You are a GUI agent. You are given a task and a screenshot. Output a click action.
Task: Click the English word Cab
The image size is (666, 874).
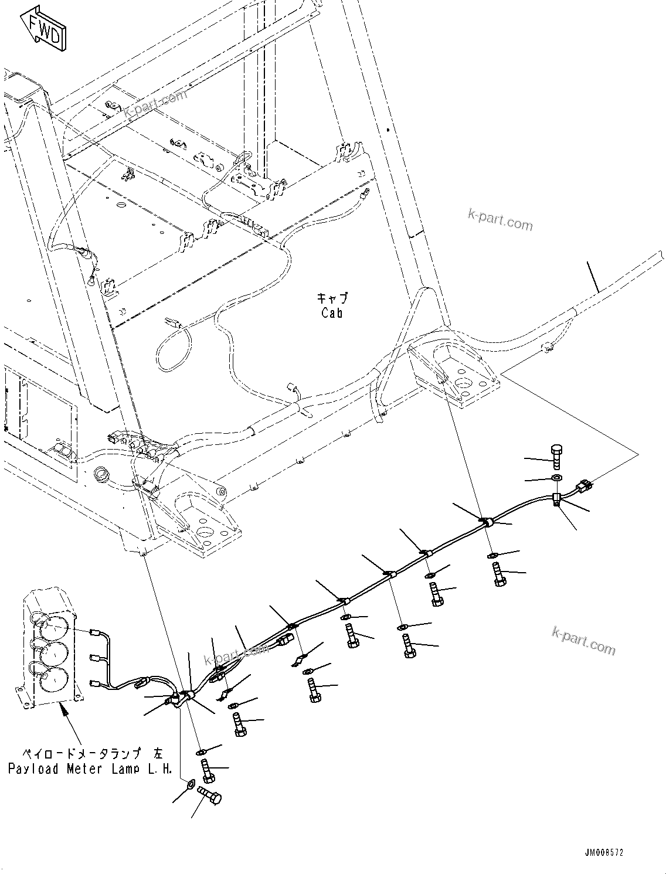click(x=332, y=313)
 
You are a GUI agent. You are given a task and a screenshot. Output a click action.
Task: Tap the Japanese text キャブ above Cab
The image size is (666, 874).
click(x=332, y=298)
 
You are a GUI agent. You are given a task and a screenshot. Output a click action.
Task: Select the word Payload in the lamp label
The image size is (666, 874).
click(x=33, y=768)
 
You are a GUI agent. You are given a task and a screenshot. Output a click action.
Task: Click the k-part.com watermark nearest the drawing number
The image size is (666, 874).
click(x=584, y=640)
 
